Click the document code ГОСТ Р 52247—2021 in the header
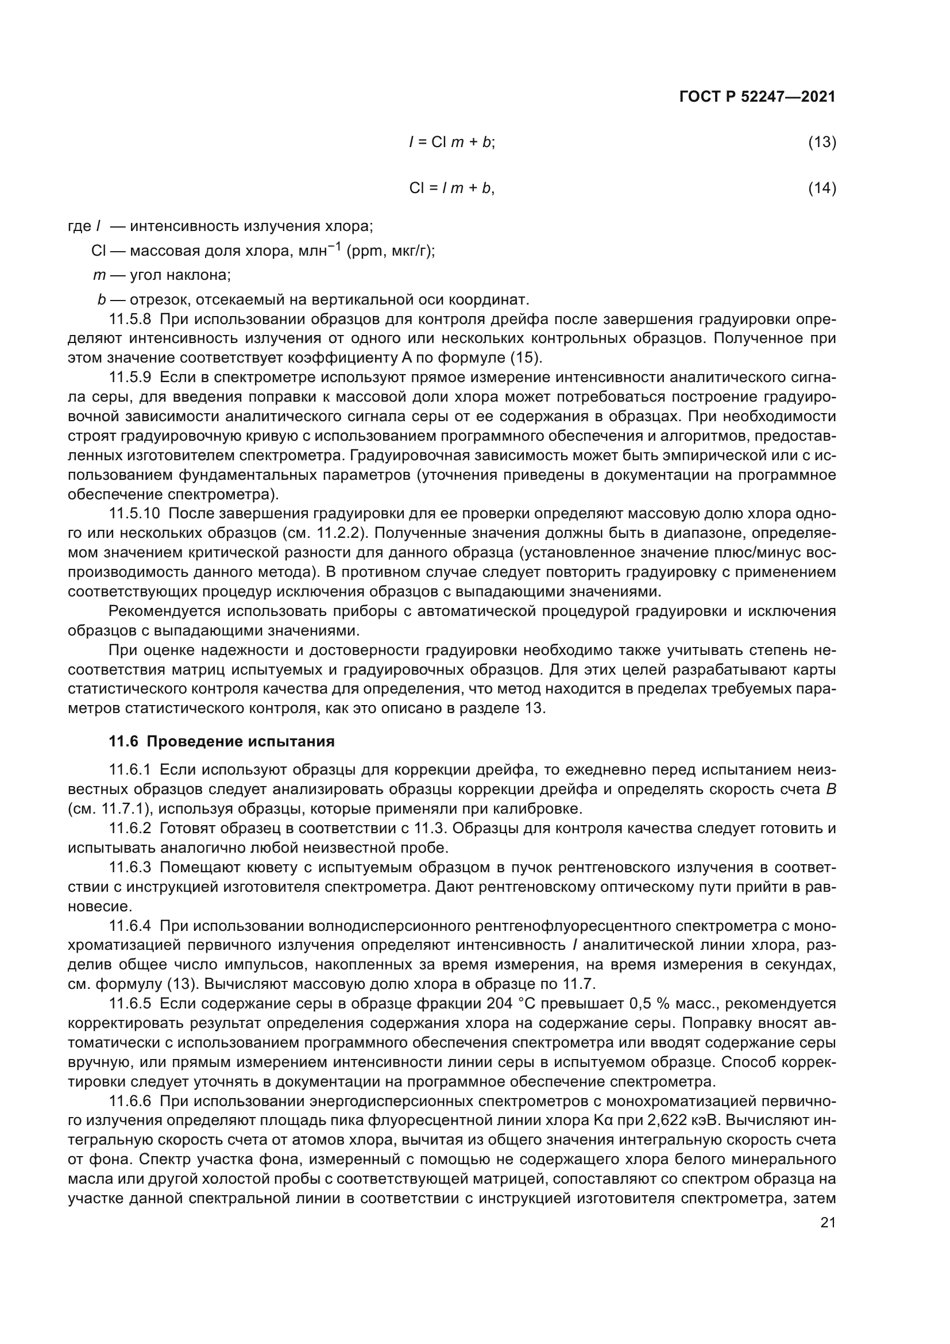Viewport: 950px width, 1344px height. click(x=758, y=97)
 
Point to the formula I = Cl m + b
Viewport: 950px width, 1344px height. click(x=451, y=143)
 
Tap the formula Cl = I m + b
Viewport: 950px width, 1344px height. click(x=451, y=188)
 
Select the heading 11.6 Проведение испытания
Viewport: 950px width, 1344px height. click(x=222, y=742)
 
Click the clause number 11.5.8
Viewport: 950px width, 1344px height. click(x=130, y=319)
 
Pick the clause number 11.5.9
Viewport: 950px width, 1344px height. click(x=130, y=378)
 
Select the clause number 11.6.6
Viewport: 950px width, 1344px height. click(x=130, y=1101)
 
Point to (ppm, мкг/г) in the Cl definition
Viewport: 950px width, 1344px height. click(x=390, y=251)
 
